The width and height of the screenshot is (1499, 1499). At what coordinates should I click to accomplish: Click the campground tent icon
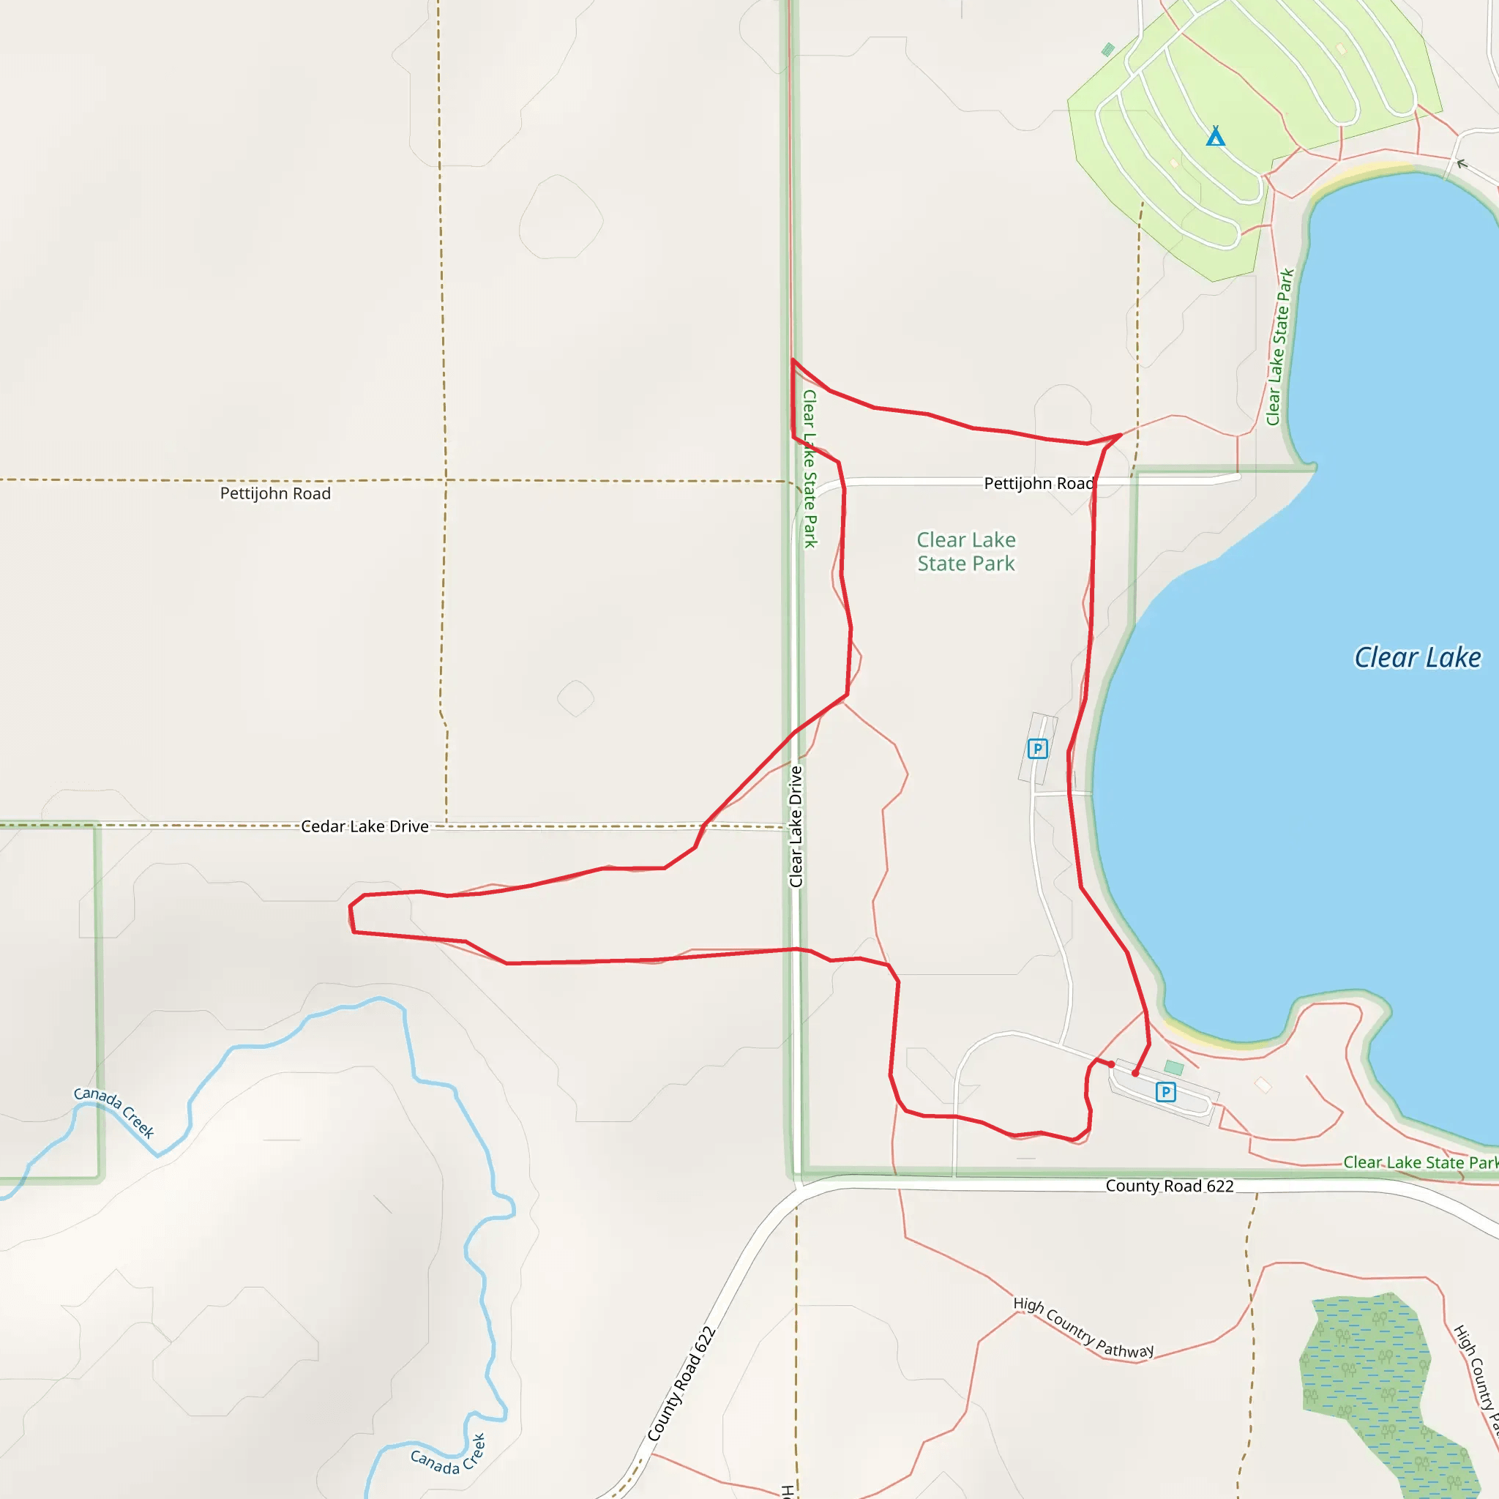pos(1215,137)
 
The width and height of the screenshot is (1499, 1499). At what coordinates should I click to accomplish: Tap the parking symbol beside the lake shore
pos(1037,749)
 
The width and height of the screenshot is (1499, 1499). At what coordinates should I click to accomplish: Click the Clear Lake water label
pos(1417,658)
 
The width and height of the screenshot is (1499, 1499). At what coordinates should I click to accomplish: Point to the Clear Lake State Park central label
pos(966,552)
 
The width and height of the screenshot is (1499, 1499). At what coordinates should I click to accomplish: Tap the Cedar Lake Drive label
pos(365,826)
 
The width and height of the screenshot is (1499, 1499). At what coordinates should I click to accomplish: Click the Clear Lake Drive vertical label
pos(796,826)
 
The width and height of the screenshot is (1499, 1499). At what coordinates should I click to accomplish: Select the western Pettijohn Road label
pos(275,493)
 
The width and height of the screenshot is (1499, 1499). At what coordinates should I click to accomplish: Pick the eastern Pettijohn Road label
pos(1038,483)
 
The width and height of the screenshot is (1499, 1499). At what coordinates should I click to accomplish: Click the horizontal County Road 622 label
pos(1169,1186)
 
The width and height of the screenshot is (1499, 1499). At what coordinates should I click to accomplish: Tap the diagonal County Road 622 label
pos(681,1384)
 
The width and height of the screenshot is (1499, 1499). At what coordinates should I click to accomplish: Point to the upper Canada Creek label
pos(114,1112)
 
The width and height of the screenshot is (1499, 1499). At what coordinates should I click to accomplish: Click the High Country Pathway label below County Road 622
pos(1084,1328)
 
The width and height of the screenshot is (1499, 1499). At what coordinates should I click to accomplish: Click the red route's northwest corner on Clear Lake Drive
pos(792,360)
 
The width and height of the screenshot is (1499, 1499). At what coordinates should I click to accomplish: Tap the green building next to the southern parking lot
pos(1174,1069)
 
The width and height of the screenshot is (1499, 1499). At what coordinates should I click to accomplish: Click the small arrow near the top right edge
pos(1462,164)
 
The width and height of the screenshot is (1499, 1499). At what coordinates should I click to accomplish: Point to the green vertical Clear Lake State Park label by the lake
pos(1280,347)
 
